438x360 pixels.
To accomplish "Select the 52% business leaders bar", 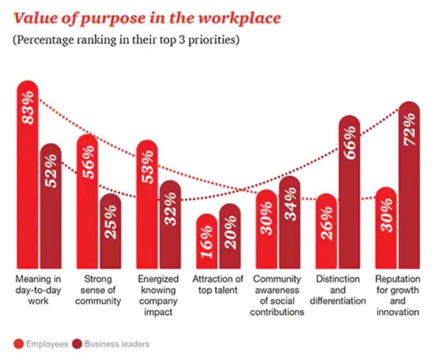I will tap(51, 206).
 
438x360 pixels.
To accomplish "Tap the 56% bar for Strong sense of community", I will tap(87, 202).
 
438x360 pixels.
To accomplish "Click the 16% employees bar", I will tap(207, 241).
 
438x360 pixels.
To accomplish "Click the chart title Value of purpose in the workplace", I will tap(147, 19).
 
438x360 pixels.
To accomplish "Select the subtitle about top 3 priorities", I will tap(126, 41).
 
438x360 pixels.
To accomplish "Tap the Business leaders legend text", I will tap(117, 344).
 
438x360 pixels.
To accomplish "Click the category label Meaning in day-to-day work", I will tap(38, 290).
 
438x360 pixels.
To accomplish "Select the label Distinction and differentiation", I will tap(338, 290).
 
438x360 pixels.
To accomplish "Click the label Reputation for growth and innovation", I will tap(397, 295).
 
